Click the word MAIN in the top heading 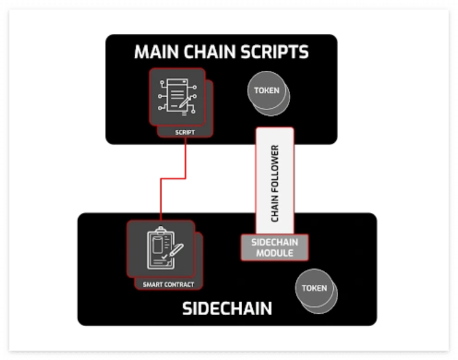(156, 52)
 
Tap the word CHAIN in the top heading (209, 52)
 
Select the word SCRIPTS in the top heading (274, 52)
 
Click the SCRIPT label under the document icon (185, 132)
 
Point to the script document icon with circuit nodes (177, 96)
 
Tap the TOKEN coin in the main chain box (269, 94)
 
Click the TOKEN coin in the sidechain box (317, 291)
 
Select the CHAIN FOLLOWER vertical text (275, 183)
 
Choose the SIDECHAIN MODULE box (275, 247)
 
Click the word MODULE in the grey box (275, 253)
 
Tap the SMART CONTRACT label (168, 284)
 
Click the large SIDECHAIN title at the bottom (227, 308)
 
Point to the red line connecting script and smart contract (173, 178)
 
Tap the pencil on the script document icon (185, 102)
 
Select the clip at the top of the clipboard (160, 231)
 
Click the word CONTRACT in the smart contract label (180, 284)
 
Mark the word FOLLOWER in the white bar (275, 169)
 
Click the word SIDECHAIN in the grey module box (275, 242)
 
